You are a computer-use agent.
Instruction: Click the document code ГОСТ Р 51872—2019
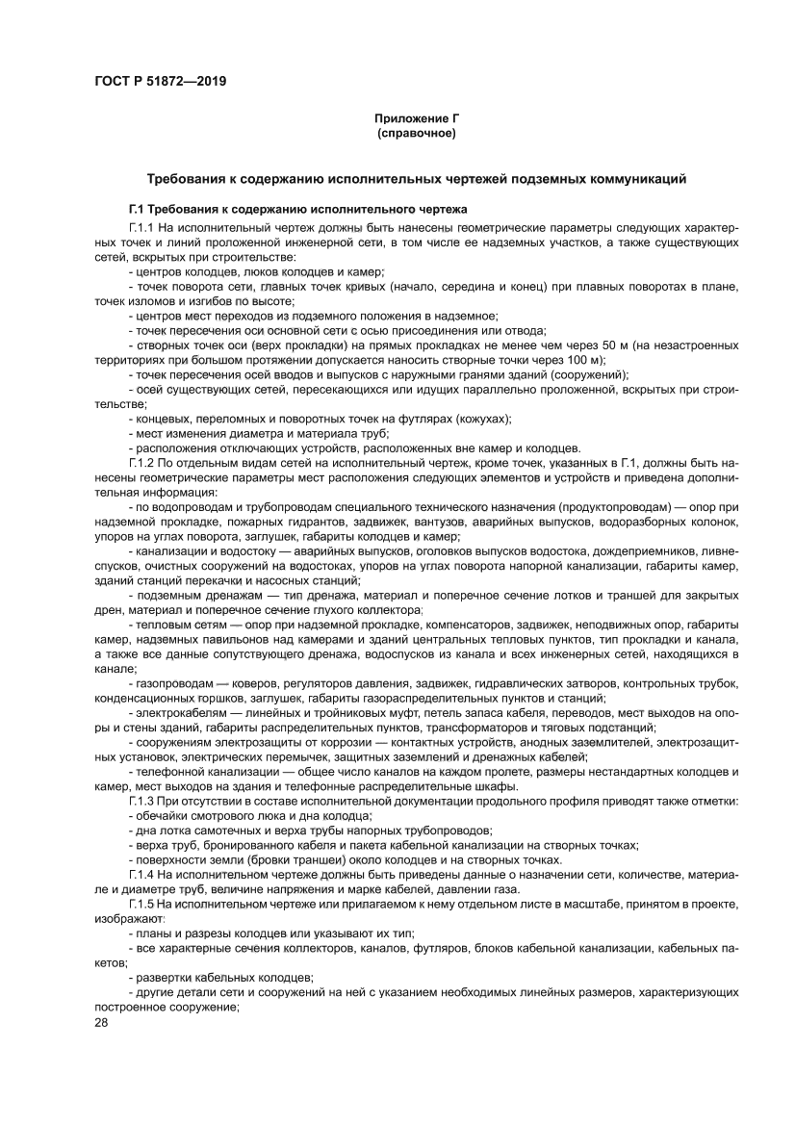[x=161, y=80]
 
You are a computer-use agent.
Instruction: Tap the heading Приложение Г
[x=417, y=118]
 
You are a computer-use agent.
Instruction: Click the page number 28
[x=102, y=1022]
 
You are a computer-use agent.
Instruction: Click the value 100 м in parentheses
[x=582, y=357]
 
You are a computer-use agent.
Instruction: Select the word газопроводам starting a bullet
[x=169, y=683]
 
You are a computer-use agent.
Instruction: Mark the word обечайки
[x=161, y=815]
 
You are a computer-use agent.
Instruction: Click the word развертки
[x=163, y=975]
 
